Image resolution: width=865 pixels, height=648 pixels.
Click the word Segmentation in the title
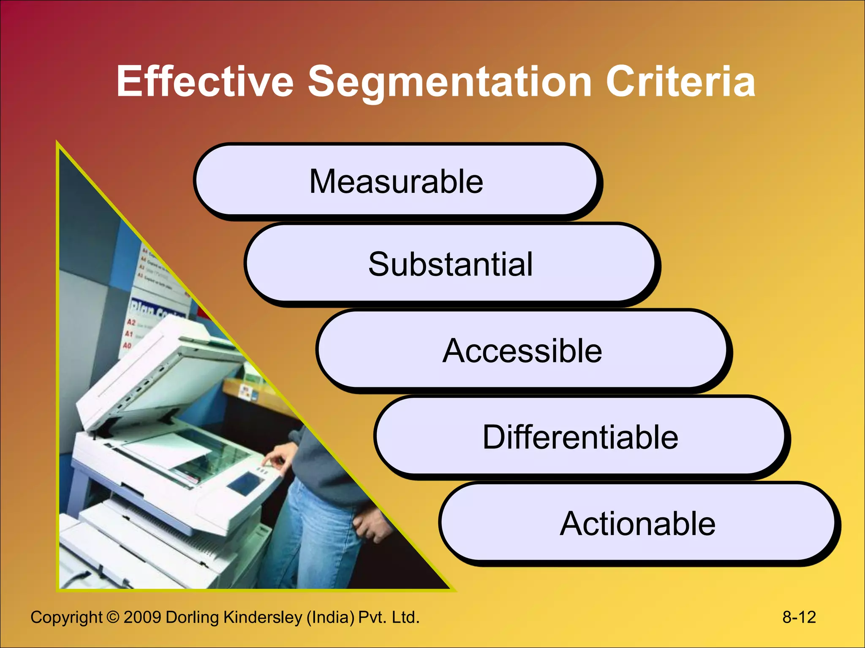click(449, 82)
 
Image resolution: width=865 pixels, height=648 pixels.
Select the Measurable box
click(396, 181)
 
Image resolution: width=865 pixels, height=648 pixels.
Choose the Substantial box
click(450, 264)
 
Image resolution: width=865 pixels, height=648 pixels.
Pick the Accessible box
click(522, 351)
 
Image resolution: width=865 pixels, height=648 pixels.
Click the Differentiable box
click(580, 437)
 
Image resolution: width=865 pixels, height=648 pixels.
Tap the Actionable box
click(637, 524)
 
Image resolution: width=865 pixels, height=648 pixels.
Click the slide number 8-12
click(799, 617)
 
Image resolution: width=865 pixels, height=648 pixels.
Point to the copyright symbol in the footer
click(113, 617)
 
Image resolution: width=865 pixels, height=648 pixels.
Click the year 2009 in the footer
click(142, 617)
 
